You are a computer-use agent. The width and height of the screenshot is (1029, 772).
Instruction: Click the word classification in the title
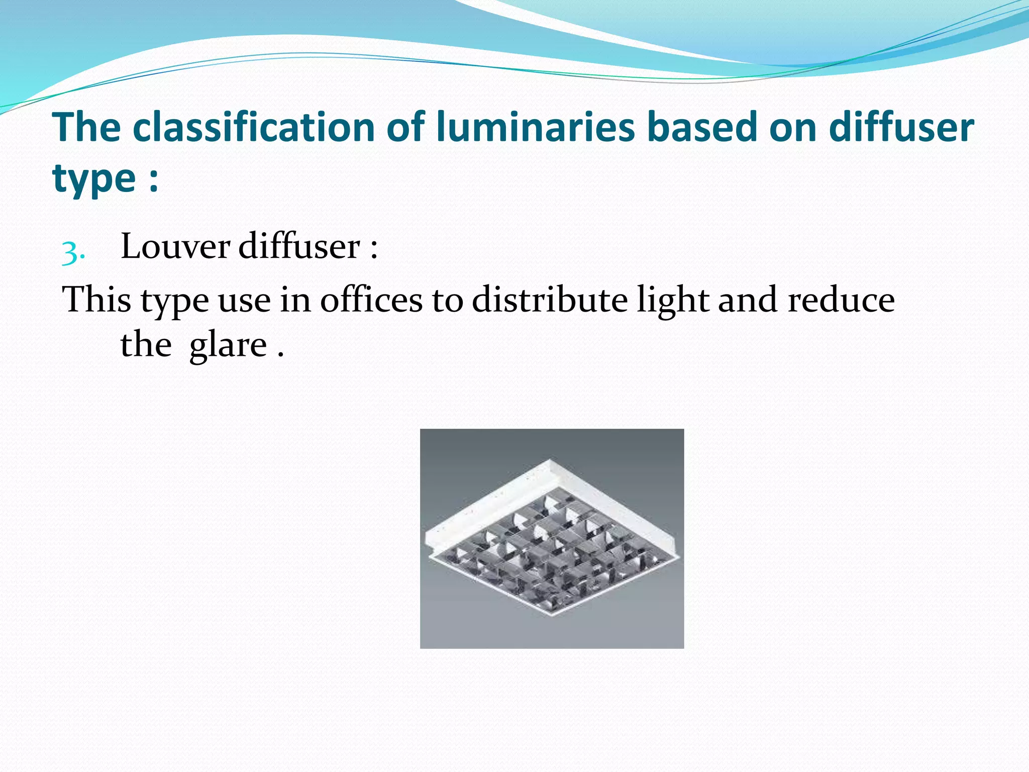[254, 127]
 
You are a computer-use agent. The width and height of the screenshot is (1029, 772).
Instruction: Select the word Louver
[175, 247]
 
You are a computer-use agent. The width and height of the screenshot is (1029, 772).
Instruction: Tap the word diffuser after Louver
[299, 247]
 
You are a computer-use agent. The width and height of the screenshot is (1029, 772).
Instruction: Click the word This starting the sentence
[96, 300]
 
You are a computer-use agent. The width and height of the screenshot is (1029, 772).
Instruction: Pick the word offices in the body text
[371, 300]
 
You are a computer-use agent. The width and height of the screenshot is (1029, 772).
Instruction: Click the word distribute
[550, 300]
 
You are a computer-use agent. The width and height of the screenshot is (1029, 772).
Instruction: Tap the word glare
[228, 346]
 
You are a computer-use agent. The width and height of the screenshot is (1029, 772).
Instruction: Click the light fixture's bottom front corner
[553, 616]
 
